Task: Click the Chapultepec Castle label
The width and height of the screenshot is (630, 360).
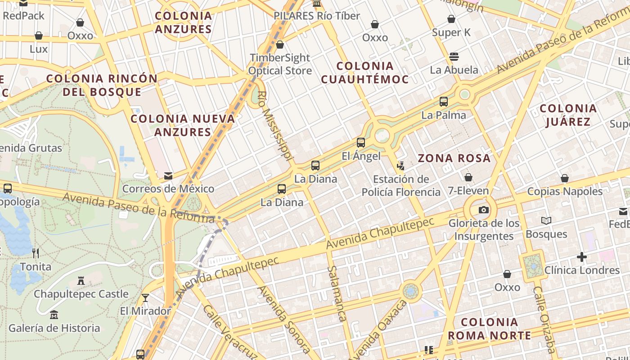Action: click(81, 294)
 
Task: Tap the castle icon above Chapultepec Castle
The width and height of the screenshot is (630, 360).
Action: click(81, 280)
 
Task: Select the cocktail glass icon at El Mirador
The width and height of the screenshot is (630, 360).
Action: click(145, 297)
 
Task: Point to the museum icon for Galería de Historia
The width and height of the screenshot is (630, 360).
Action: click(54, 315)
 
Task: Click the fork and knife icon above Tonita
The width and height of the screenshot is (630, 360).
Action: click(36, 253)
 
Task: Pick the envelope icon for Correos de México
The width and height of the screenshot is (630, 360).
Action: click(168, 175)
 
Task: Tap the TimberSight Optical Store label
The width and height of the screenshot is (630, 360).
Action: click(280, 64)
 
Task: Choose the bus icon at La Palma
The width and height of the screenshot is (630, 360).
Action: click(444, 102)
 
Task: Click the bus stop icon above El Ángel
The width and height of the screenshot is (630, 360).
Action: click(361, 143)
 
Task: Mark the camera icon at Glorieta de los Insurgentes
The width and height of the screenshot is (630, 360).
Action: click(484, 210)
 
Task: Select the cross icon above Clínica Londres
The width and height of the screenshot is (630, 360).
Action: click(582, 257)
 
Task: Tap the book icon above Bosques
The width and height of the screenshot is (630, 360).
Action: click(546, 220)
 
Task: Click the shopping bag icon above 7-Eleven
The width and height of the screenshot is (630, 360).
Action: click(468, 177)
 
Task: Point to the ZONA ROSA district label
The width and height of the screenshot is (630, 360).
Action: click(454, 158)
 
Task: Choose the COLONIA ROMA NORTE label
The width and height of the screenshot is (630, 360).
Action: click(489, 328)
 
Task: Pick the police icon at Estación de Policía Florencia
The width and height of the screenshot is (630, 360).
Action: click(400, 166)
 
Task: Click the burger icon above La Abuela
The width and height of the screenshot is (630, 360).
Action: click(454, 57)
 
